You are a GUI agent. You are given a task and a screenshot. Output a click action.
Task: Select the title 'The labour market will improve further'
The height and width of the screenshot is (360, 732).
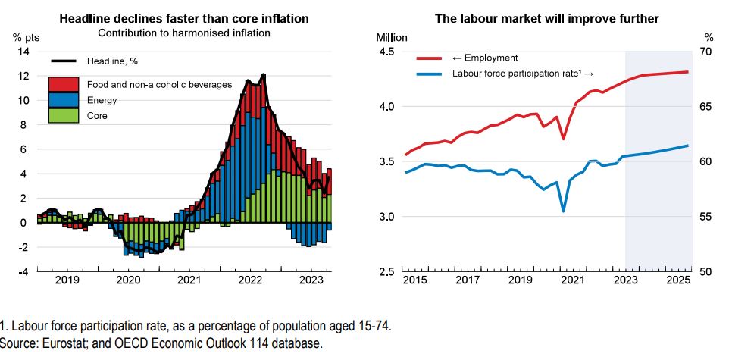[x=547, y=18]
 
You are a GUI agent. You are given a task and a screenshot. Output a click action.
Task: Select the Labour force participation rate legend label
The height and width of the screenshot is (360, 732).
[x=522, y=74]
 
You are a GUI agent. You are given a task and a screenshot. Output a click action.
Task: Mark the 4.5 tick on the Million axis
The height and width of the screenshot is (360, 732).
[x=386, y=52]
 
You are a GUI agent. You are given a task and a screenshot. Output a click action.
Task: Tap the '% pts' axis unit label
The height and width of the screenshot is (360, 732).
[x=24, y=36]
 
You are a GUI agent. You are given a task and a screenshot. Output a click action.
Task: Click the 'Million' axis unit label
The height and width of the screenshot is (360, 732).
[x=392, y=36]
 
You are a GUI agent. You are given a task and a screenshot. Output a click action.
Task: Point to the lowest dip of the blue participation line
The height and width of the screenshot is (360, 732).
[x=563, y=211]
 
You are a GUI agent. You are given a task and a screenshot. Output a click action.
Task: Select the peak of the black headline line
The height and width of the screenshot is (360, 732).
[x=263, y=74]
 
